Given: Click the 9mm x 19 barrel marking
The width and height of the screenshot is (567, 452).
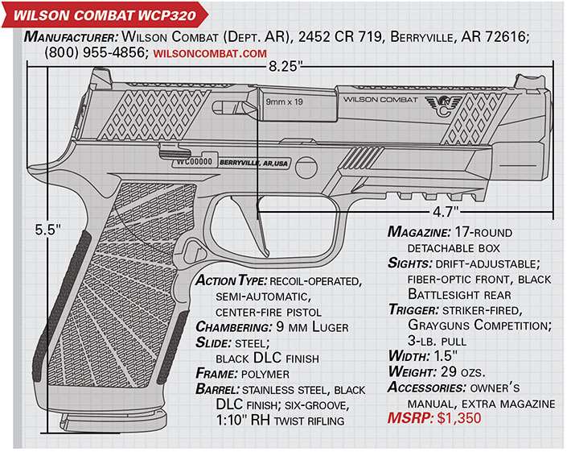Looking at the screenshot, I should (285, 102).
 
